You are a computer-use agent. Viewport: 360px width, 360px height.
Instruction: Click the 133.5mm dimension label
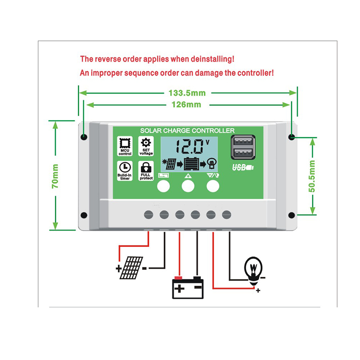point(186,93)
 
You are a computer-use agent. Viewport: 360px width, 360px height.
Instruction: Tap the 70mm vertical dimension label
point(55,176)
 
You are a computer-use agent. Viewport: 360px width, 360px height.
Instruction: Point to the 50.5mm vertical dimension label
point(312,176)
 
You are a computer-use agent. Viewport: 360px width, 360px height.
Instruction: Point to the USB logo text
point(243,168)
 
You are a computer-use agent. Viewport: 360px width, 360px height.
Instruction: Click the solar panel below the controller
point(131,267)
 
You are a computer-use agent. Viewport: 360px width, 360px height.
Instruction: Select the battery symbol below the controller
point(188,287)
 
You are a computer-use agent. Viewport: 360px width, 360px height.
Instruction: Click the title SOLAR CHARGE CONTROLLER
point(187,130)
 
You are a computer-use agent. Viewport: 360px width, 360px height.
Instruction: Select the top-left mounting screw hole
point(84,137)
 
